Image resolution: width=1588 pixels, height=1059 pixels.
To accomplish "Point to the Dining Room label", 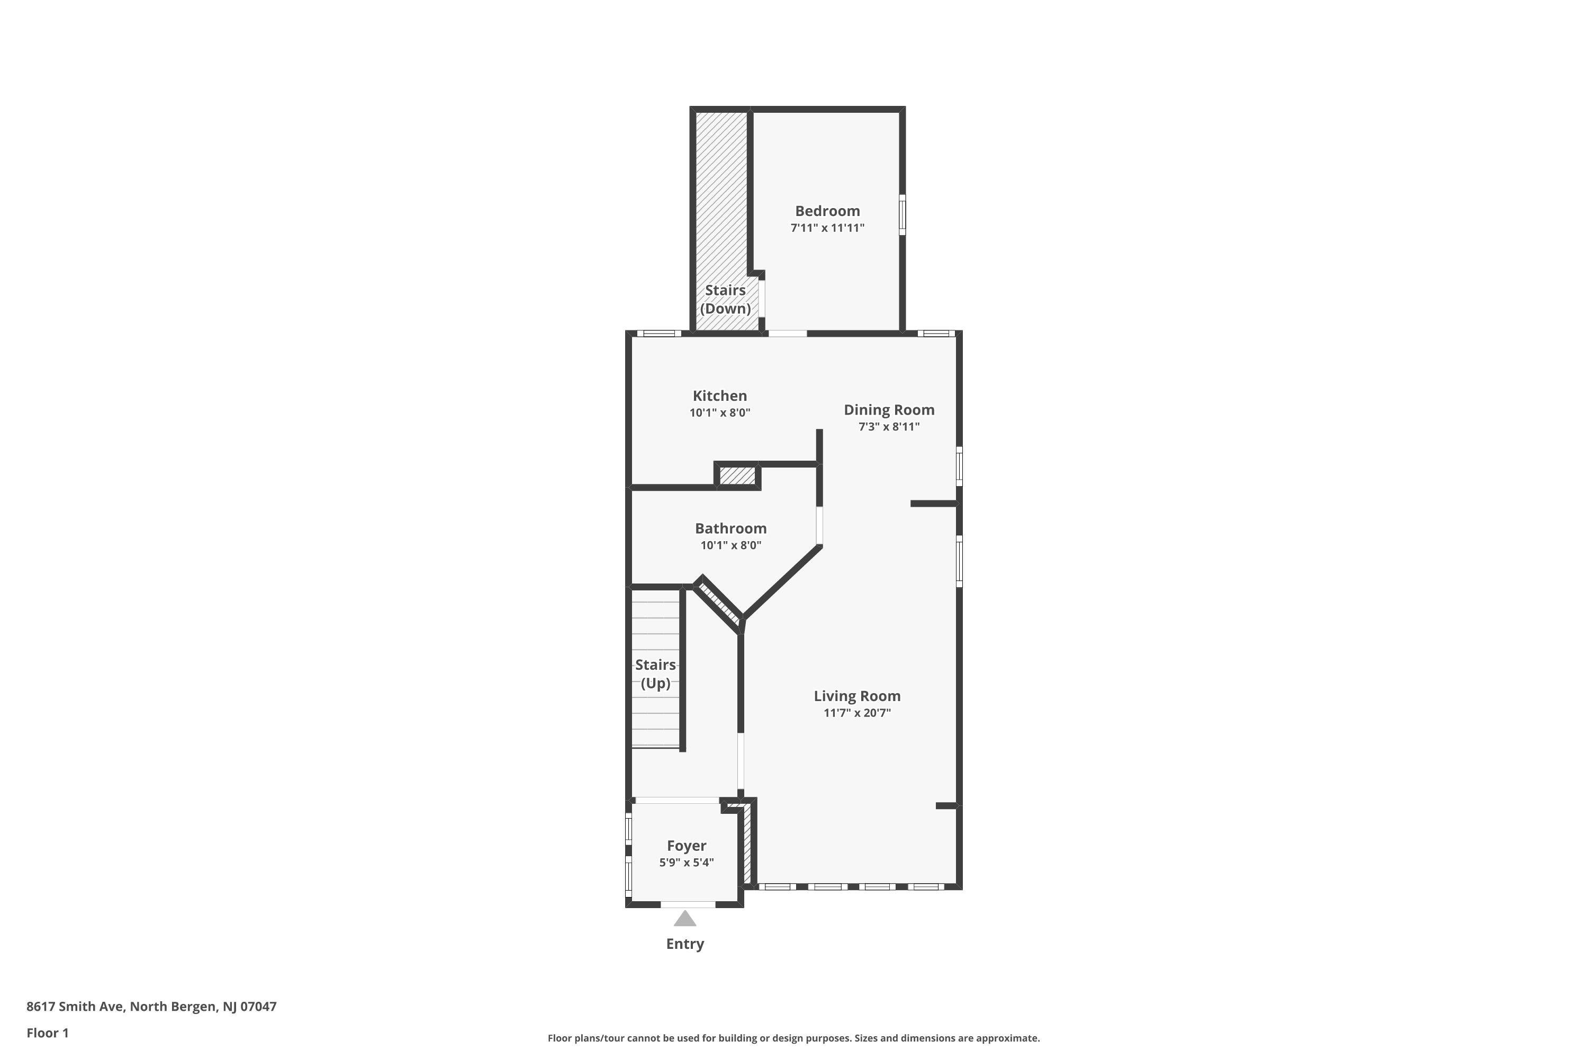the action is pyautogui.click(x=889, y=410).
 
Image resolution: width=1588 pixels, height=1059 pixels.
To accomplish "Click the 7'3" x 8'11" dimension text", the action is pyautogui.click(x=889, y=427).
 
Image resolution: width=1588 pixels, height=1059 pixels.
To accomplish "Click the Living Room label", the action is pyautogui.click(x=857, y=696).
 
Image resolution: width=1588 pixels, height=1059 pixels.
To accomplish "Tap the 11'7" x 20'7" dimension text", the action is pyautogui.click(x=857, y=713).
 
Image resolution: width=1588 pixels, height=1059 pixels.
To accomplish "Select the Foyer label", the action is pyautogui.click(x=687, y=846).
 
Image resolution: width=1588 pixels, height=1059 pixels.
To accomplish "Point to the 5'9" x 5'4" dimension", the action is pyautogui.click(x=687, y=863).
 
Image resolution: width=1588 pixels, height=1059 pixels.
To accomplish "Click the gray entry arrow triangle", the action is pyautogui.click(x=684, y=919).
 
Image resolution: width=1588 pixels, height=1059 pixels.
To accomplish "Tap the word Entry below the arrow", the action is pyautogui.click(x=684, y=944).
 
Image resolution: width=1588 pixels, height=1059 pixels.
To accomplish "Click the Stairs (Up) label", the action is pyautogui.click(x=655, y=674).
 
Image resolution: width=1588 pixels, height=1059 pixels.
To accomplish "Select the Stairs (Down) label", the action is pyautogui.click(x=725, y=299).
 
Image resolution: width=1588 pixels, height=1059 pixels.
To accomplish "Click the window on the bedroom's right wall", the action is pyautogui.click(x=902, y=215).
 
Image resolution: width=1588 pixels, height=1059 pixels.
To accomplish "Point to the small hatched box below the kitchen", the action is pyautogui.click(x=737, y=475).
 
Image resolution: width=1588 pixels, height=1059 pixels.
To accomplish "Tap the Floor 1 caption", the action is pyautogui.click(x=47, y=1033).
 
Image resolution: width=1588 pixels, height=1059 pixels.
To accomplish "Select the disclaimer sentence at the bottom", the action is pyautogui.click(x=793, y=1038).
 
